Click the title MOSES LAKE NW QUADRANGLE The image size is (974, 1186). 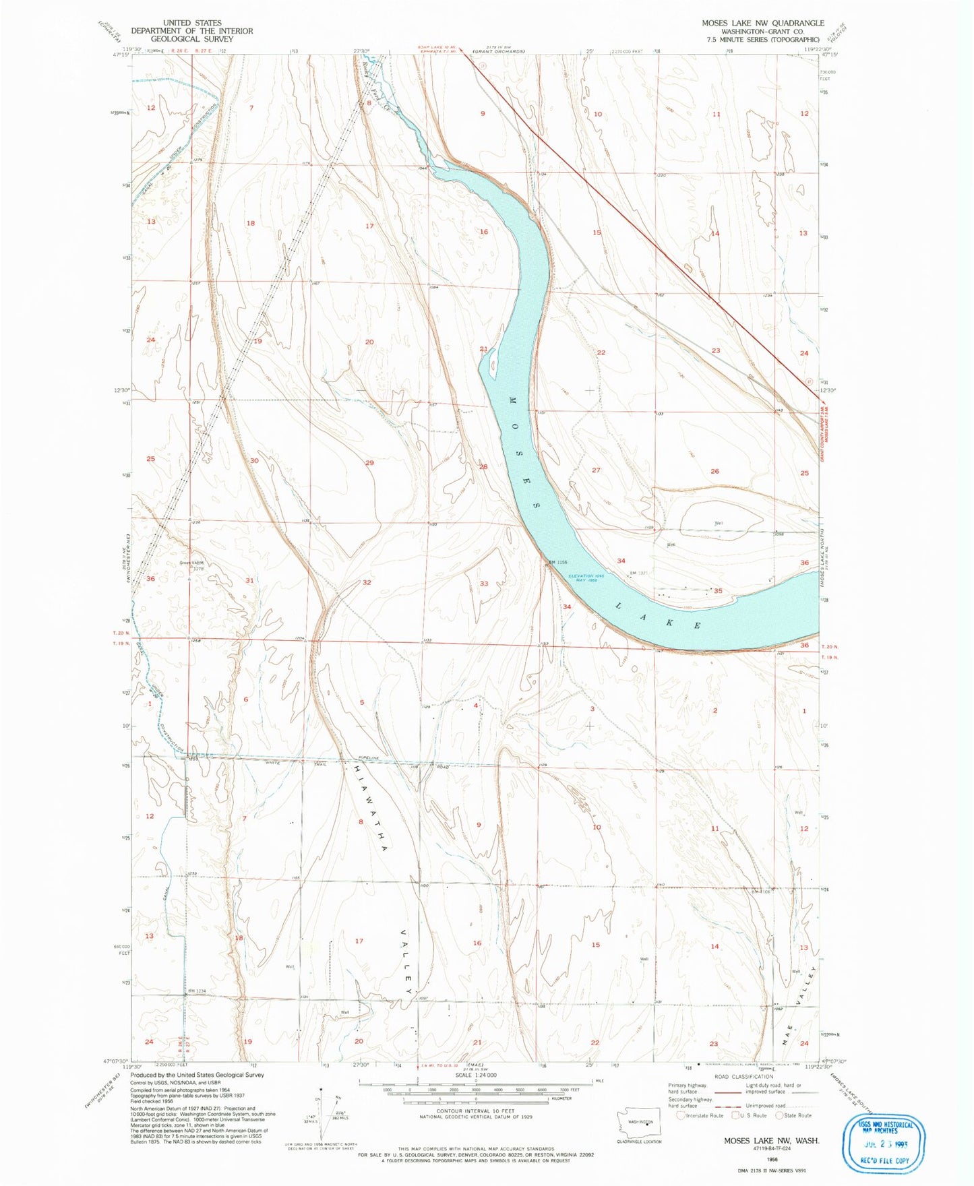(x=762, y=23)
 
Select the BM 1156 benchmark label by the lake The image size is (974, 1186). (x=557, y=562)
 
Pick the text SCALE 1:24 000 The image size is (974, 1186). (x=475, y=1075)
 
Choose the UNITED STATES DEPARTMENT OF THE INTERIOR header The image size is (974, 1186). (x=192, y=31)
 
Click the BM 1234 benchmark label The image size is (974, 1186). (x=196, y=990)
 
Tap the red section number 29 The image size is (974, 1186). (x=369, y=463)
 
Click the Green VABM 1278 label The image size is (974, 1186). (x=191, y=565)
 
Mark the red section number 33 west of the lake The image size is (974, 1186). (x=484, y=584)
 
